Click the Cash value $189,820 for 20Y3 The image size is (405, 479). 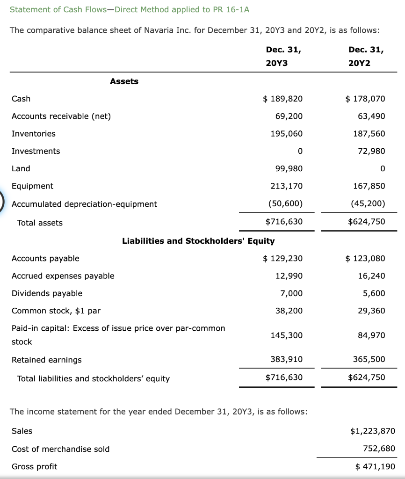283,99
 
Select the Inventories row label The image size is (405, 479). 33,134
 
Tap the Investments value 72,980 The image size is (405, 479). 371,151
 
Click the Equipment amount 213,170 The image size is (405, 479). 287,186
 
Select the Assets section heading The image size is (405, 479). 124,81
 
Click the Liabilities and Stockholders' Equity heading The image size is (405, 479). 198,241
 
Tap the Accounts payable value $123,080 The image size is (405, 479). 365,258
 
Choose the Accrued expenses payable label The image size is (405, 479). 63,276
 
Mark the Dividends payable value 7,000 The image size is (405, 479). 291,293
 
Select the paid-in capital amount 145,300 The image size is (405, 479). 287,335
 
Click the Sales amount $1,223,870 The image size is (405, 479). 373,431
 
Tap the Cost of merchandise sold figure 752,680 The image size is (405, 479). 379,449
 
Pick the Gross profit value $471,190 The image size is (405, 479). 375,466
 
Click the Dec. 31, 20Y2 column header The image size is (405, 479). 366,56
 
